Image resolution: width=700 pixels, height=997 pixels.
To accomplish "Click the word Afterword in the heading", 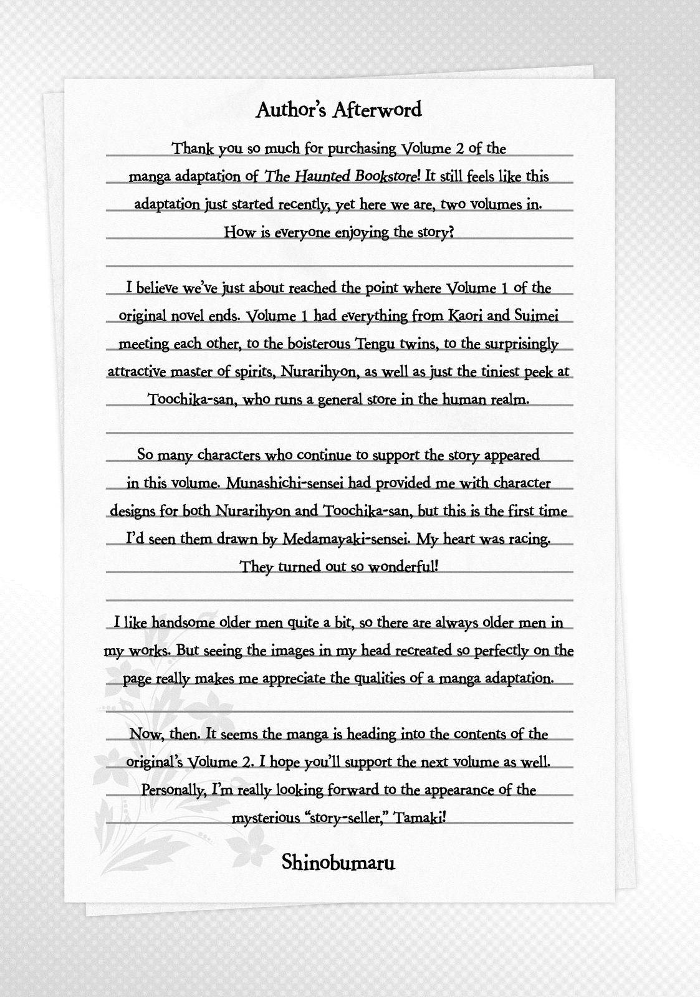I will click(x=376, y=110).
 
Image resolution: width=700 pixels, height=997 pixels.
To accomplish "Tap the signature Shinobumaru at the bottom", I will click(x=338, y=862).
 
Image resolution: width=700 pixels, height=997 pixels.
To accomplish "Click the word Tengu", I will click(x=374, y=343).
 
